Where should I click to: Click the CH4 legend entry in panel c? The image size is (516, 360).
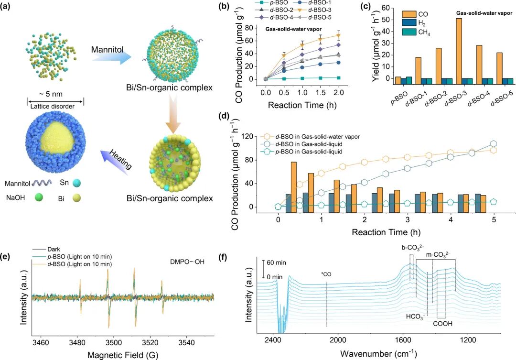[x=416, y=33]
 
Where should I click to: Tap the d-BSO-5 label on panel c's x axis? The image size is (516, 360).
[x=501, y=95]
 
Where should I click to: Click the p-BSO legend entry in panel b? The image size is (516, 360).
[x=272, y=3]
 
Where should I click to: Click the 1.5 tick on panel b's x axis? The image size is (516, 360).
[x=321, y=93]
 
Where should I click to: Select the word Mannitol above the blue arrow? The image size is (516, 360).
[x=107, y=50]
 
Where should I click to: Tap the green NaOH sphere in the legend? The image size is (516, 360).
[x=39, y=197]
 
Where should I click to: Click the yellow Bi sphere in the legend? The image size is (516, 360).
[x=76, y=197]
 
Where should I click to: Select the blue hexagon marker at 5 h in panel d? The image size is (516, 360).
[x=493, y=144]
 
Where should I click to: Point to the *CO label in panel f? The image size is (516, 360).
[x=326, y=274]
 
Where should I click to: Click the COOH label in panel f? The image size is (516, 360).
[x=442, y=324]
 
